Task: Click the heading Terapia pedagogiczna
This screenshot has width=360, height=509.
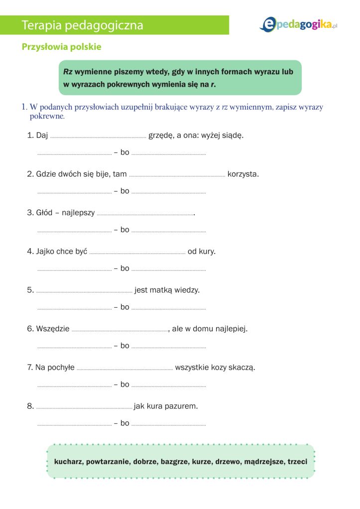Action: click(x=82, y=25)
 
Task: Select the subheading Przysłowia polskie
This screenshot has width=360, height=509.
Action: click(x=61, y=47)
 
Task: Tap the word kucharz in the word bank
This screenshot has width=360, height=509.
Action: click(x=68, y=462)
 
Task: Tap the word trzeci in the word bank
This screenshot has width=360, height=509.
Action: click(x=297, y=462)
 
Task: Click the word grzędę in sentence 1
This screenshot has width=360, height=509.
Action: click(x=160, y=135)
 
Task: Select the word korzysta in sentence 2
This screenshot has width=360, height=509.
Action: click(x=243, y=174)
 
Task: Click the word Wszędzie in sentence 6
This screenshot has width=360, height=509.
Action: click(x=53, y=329)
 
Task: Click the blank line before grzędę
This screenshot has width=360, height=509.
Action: click(x=98, y=136)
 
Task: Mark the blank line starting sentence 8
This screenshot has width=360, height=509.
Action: click(x=84, y=407)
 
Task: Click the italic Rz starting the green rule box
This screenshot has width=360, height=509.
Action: click(x=68, y=72)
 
